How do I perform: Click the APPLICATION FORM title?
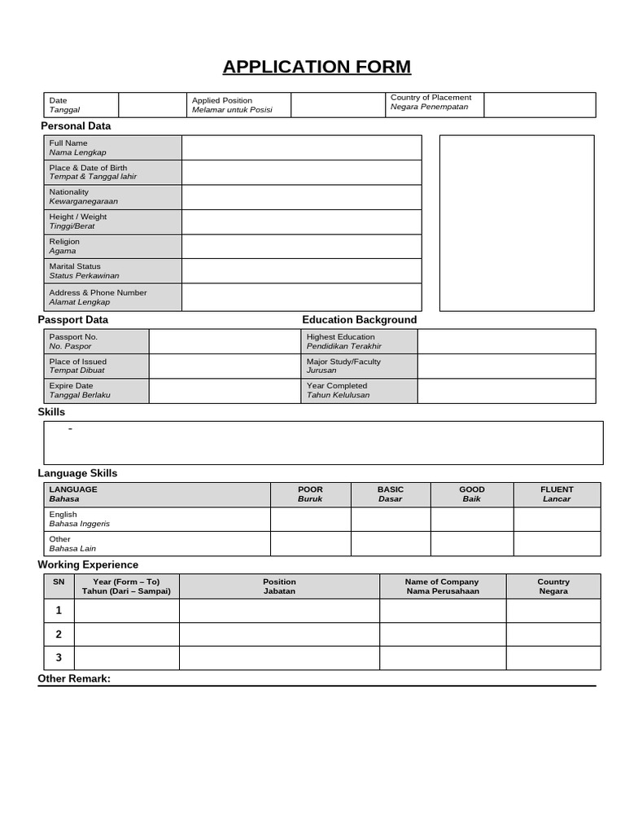(317, 67)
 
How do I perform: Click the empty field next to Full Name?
(301, 147)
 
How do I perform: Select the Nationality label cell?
(112, 197)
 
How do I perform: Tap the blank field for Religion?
(301, 247)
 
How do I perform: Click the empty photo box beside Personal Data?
(517, 223)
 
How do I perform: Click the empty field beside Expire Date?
(225, 391)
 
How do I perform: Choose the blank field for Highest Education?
(506, 341)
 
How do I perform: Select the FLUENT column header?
(557, 494)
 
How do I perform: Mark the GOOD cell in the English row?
(471, 520)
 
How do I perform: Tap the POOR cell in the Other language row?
(310, 544)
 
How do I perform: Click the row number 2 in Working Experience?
(59, 634)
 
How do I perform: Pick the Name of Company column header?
(442, 586)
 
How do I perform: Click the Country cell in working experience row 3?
(553, 658)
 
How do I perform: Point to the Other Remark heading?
(74, 678)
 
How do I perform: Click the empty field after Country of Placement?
(540, 105)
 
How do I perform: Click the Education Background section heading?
(359, 320)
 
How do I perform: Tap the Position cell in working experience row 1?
(279, 611)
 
